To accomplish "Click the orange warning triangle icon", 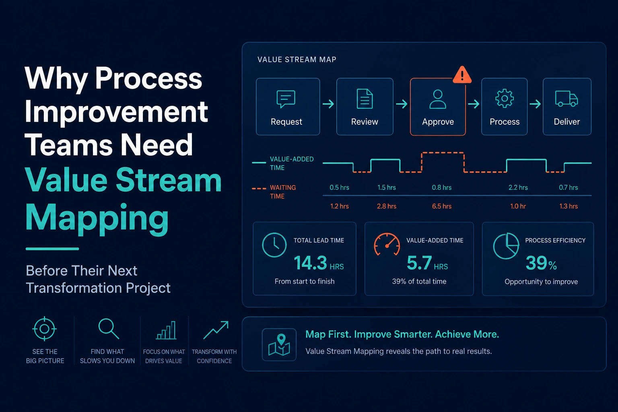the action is (462, 75).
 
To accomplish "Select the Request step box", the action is (288, 107).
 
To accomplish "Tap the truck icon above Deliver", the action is (566, 99).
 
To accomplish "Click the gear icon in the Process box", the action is (504, 98).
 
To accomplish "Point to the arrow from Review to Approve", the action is (402, 104).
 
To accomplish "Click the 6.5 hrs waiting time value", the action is (442, 206).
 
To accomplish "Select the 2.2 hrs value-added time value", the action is (518, 187).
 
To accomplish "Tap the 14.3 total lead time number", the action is (310, 263).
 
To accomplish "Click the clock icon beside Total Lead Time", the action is (274, 245).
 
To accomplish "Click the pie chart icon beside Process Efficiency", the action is (506, 246).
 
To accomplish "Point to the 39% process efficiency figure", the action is (541, 263).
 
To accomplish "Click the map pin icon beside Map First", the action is (279, 345).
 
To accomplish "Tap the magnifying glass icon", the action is (109, 329).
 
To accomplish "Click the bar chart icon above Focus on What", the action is (166, 330).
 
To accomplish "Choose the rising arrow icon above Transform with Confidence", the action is (216, 330).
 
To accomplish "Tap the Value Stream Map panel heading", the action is (297, 60).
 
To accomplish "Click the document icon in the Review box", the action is (365, 99).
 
